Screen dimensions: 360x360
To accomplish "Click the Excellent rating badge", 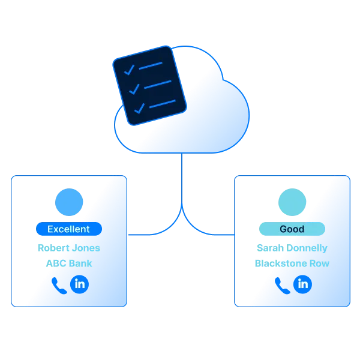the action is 68,229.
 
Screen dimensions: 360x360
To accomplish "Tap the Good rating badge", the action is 292,229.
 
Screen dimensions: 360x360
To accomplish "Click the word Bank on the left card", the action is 79,263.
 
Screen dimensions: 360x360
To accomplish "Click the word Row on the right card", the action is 319,263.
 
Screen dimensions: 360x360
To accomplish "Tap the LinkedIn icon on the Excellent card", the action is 80,284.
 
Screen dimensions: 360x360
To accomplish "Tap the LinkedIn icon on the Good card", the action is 303,284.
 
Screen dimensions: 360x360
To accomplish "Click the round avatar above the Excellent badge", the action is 68,202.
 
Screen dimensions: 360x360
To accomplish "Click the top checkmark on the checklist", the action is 129,70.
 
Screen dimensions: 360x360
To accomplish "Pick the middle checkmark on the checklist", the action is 134,89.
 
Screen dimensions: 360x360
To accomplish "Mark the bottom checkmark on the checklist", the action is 139,109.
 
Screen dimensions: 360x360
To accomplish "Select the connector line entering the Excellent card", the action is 144,232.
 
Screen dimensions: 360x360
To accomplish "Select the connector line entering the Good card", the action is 216,232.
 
